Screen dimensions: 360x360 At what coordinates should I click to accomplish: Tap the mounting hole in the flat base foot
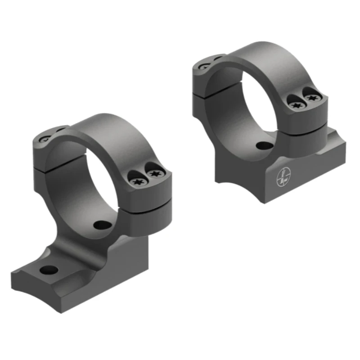click(x=49, y=270)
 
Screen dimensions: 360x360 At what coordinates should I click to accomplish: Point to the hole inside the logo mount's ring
click(x=261, y=145)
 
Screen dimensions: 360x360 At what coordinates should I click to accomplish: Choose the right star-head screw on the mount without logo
click(x=154, y=173)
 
